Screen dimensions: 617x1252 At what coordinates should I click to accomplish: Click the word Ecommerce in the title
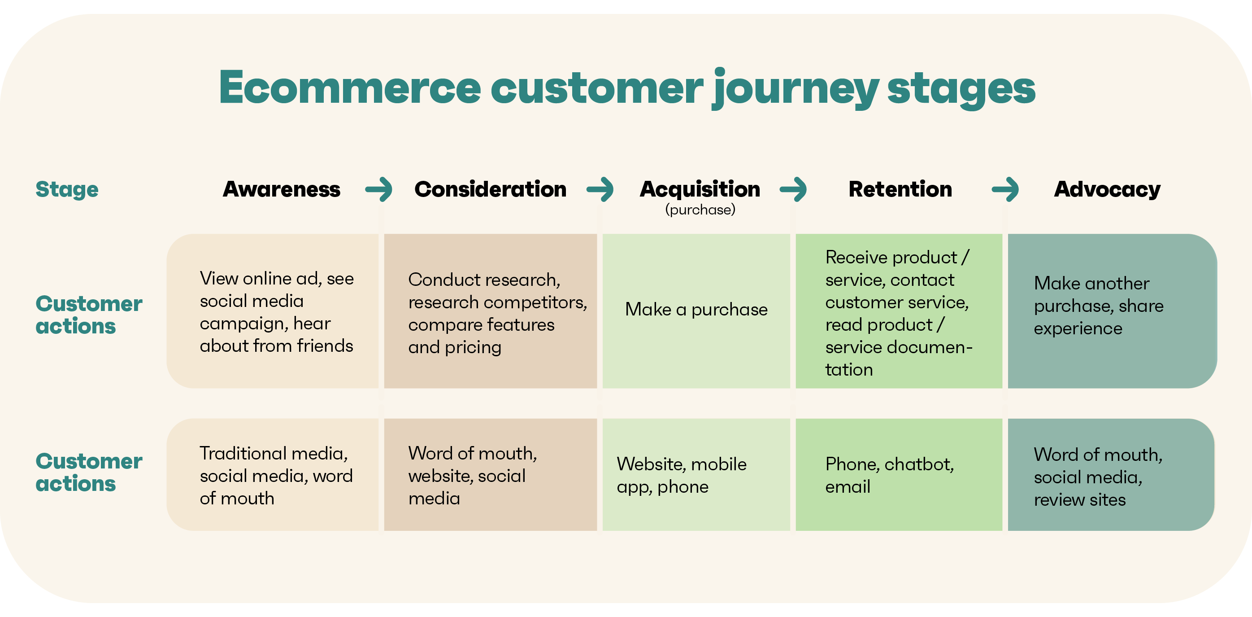[x=350, y=88]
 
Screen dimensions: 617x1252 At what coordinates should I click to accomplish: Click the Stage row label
[x=67, y=189]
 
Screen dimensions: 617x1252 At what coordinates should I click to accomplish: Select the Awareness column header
[x=282, y=189]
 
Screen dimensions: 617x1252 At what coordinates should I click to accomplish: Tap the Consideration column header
[x=490, y=189]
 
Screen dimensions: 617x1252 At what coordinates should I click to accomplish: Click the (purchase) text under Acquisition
[x=700, y=210]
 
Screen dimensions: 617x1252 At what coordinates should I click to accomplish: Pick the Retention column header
[x=900, y=189]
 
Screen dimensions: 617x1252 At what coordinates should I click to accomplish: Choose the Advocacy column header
[x=1107, y=189]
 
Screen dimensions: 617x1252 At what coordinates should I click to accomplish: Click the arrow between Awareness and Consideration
[x=379, y=189]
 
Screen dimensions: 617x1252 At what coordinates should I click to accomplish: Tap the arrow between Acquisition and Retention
[x=793, y=189]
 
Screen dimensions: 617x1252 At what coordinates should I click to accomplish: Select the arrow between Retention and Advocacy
[x=1005, y=189]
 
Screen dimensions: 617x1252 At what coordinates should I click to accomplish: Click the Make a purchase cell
[x=696, y=310]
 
